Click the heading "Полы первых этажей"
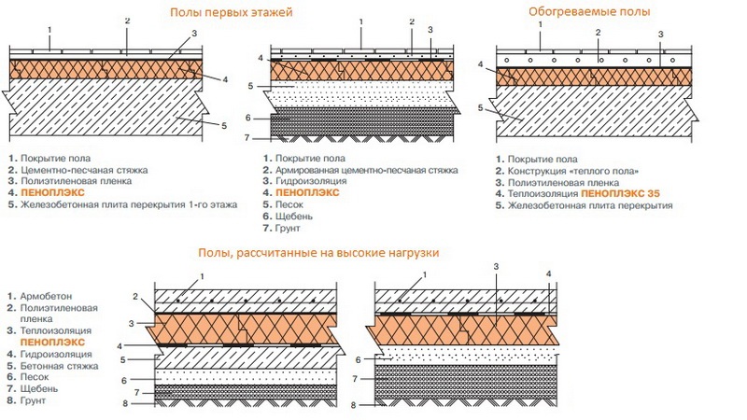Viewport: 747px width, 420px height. (231, 12)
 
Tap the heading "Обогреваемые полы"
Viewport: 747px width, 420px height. (589, 11)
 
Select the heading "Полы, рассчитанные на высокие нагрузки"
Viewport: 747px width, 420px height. (318, 253)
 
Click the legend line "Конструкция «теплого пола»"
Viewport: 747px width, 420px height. (573, 171)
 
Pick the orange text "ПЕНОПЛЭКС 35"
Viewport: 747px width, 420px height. (621, 194)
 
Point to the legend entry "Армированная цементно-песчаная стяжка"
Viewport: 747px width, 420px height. (367, 170)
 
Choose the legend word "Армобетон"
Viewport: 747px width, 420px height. (46, 296)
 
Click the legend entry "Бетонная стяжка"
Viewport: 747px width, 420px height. (60, 366)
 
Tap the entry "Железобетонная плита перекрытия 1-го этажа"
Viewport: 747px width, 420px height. (129, 204)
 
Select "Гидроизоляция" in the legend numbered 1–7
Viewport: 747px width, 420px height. (311, 181)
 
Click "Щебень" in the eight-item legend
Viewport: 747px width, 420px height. (39, 388)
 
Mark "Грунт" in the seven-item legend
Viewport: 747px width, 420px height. (288, 228)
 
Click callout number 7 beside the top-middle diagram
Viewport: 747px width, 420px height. (247, 137)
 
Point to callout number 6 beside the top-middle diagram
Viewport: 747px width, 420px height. (248, 118)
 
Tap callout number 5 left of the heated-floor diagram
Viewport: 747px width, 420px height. (481, 108)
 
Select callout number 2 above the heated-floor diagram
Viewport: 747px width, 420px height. (599, 33)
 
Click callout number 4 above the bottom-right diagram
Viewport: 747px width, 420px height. (549, 273)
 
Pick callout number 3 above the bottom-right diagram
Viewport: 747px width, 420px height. (496, 266)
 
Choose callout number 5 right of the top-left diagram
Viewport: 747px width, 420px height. (224, 126)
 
